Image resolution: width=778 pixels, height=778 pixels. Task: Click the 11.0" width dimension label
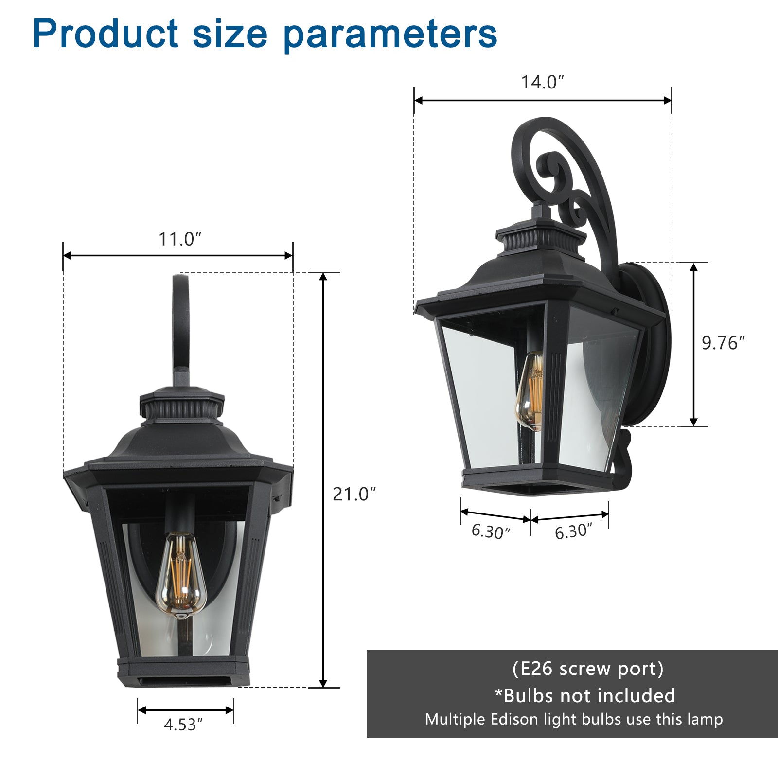[x=180, y=239]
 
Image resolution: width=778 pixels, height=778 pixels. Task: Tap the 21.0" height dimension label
[x=354, y=494]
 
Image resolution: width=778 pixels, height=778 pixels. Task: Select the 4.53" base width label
[x=183, y=725]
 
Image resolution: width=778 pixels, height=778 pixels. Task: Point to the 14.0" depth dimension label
[x=542, y=82]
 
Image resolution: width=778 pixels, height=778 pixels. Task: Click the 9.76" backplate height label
[x=723, y=343]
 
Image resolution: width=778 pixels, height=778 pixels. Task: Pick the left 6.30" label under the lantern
[x=491, y=531]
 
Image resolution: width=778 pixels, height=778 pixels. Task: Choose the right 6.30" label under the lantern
[x=573, y=531]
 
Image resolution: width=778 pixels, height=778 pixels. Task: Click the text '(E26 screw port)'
[x=588, y=669]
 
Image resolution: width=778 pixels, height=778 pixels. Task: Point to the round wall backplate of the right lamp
[x=654, y=340]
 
